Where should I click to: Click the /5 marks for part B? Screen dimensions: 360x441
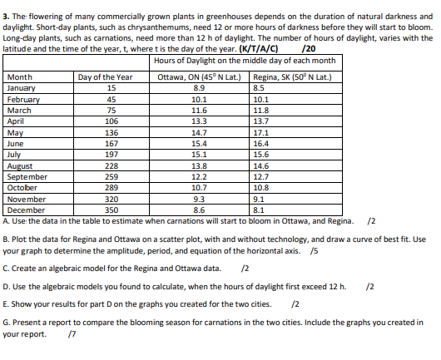313,250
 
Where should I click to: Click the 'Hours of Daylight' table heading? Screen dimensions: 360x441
245,61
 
